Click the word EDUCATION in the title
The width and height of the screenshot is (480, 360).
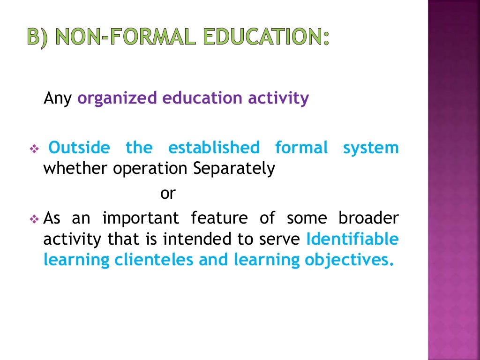[x=263, y=37]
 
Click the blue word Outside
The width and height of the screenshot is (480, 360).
[x=79, y=148]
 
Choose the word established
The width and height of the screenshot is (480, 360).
[x=213, y=148]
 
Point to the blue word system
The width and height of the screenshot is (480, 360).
[x=371, y=148]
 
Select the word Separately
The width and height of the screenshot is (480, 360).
[x=234, y=169]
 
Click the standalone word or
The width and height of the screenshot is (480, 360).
[x=167, y=193]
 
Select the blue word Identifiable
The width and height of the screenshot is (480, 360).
[x=352, y=239]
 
